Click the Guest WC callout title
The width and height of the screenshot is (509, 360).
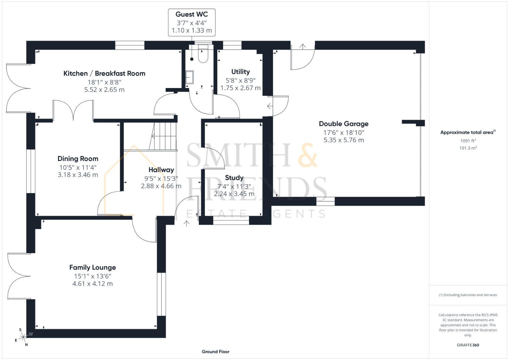tap(191, 14)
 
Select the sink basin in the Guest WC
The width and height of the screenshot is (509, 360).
tap(189, 77)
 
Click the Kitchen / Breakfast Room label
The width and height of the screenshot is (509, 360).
tap(104, 73)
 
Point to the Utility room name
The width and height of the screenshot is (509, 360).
tap(240, 72)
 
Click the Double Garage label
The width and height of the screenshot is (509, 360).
tap(344, 124)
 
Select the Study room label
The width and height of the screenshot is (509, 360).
tap(234, 178)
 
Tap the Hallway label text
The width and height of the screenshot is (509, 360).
tap(161, 170)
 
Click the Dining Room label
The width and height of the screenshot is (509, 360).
tap(78, 159)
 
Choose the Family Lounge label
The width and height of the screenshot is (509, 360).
tap(92, 267)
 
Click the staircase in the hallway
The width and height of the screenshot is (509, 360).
tap(164, 136)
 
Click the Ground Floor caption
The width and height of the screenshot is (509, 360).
tap(215, 351)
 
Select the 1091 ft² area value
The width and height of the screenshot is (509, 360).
tap(468, 141)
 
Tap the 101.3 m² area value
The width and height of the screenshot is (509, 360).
tap(468, 148)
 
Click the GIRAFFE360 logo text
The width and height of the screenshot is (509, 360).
tap(468, 345)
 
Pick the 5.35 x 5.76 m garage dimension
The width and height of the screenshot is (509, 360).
tap(344, 140)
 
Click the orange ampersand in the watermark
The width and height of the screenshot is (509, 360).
tap(307, 155)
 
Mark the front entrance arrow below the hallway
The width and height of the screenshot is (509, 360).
tap(187, 223)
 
